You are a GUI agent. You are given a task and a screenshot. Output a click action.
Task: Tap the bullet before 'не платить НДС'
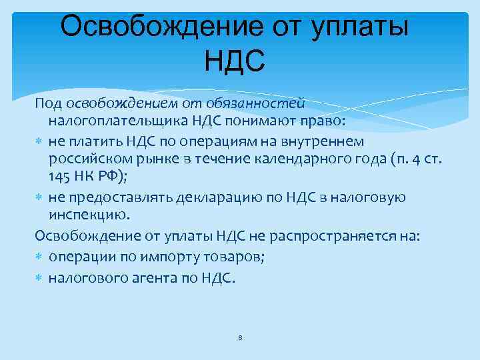[x=39, y=141]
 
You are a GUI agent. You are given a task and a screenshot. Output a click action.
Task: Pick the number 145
[x=58, y=176]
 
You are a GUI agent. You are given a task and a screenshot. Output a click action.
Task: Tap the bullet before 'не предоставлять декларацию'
[x=39, y=197]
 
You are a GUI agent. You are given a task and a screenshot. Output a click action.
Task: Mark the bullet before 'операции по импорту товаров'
[x=39, y=257]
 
